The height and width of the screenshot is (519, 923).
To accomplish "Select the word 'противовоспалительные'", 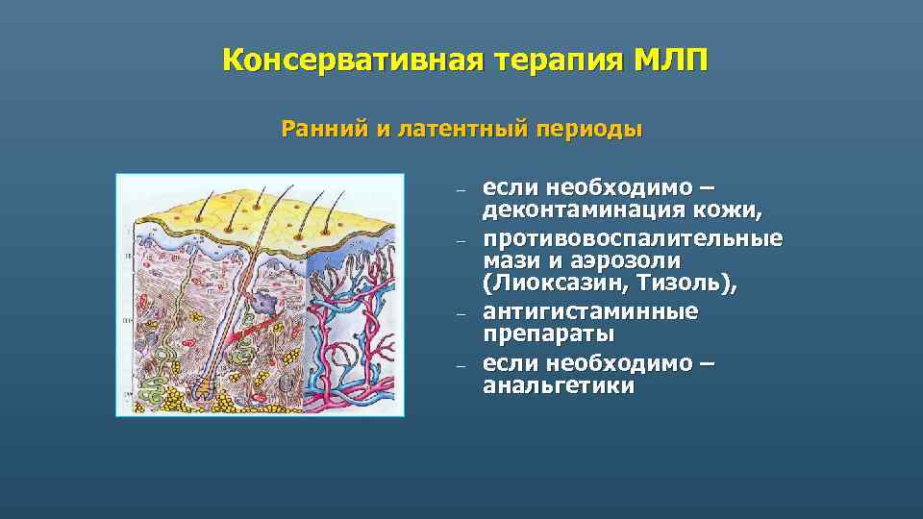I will [632, 238].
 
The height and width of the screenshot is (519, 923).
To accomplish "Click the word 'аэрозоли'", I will [627, 261].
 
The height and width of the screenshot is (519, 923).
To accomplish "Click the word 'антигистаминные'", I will [589, 312].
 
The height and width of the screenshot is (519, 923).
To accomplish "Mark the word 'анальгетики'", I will [558, 386].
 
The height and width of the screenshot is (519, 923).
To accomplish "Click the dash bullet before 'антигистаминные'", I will [461, 314].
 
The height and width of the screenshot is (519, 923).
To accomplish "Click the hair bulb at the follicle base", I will [204, 383].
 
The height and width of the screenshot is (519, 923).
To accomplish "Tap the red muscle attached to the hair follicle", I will [253, 332].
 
